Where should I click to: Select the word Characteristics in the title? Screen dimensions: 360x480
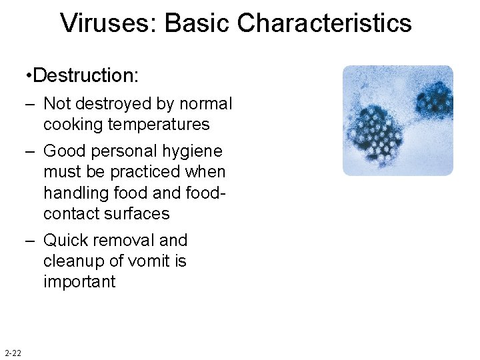(325, 23)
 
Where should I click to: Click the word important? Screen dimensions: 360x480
(79, 281)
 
